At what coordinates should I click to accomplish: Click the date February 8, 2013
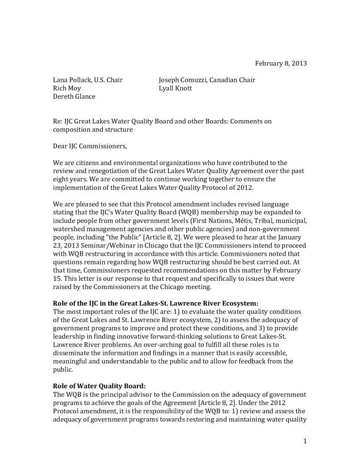click(280, 63)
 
